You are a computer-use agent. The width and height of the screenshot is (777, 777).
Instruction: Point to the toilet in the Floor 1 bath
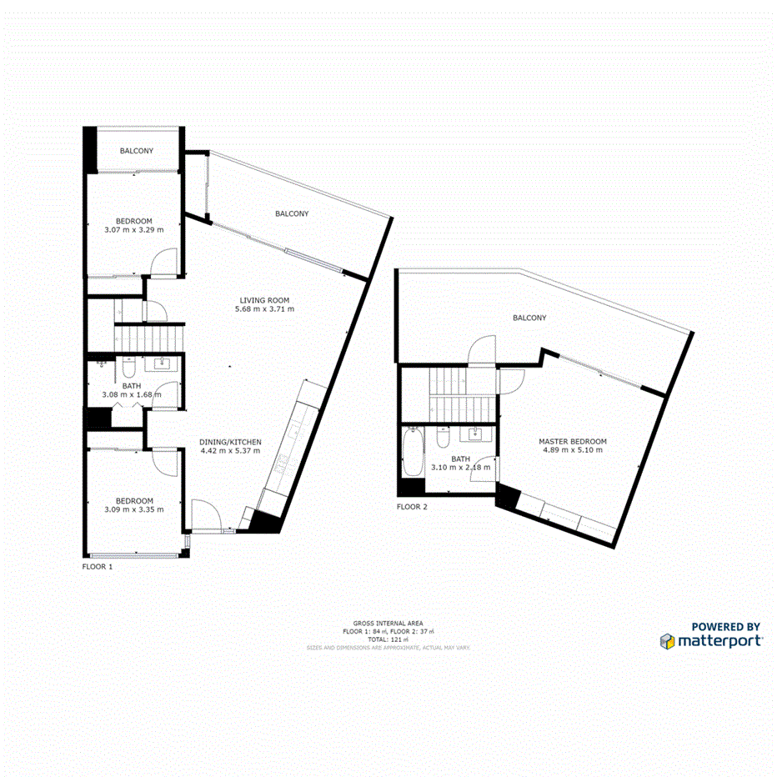129,367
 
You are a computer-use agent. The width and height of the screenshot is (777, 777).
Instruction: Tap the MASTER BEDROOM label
572,442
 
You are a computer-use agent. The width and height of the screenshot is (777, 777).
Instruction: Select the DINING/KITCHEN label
230,442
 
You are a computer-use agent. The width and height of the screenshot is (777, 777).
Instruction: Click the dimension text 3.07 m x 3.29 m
133,229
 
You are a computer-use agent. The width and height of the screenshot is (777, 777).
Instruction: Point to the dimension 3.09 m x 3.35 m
133,509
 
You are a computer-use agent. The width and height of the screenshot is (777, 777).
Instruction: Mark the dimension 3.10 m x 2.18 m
460,468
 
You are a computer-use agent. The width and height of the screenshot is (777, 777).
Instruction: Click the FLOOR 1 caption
97,566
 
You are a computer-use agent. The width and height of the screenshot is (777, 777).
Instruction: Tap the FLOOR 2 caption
412,506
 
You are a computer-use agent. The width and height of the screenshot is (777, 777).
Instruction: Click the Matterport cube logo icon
667,641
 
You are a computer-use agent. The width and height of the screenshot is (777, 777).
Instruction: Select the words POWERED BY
725,627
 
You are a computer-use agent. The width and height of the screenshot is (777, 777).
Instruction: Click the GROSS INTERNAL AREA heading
388,624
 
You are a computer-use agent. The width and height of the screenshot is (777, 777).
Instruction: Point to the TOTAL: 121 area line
388,639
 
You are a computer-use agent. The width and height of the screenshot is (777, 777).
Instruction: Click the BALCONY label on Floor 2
529,318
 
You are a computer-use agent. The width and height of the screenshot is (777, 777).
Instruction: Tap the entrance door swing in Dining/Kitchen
203,513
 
